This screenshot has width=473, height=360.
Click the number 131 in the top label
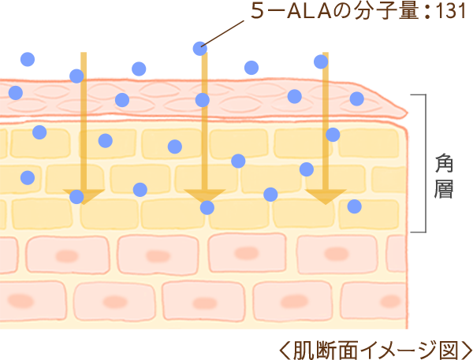(449, 11)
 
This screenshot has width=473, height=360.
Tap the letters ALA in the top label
(308, 12)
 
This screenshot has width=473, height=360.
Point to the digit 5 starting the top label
(258, 12)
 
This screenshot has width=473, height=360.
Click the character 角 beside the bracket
(443, 164)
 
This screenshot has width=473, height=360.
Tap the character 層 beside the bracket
(443, 189)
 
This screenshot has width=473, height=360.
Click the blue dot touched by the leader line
(200, 49)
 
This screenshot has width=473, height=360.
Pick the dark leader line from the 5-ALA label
(222, 34)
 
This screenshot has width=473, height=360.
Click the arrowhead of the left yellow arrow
(84, 197)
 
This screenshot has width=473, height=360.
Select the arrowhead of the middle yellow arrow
(205, 197)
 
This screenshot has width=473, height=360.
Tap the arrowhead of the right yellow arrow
(326, 197)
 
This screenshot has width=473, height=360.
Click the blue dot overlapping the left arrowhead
(76, 197)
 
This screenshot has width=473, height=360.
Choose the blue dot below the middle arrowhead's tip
(207, 208)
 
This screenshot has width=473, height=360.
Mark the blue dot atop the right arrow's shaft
(321, 61)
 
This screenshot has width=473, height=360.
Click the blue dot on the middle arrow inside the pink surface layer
(203, 100)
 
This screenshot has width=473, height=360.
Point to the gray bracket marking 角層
(426, 163)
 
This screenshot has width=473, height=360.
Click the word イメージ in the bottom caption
(397, 351)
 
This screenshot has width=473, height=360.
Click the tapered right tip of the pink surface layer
(407, 113)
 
